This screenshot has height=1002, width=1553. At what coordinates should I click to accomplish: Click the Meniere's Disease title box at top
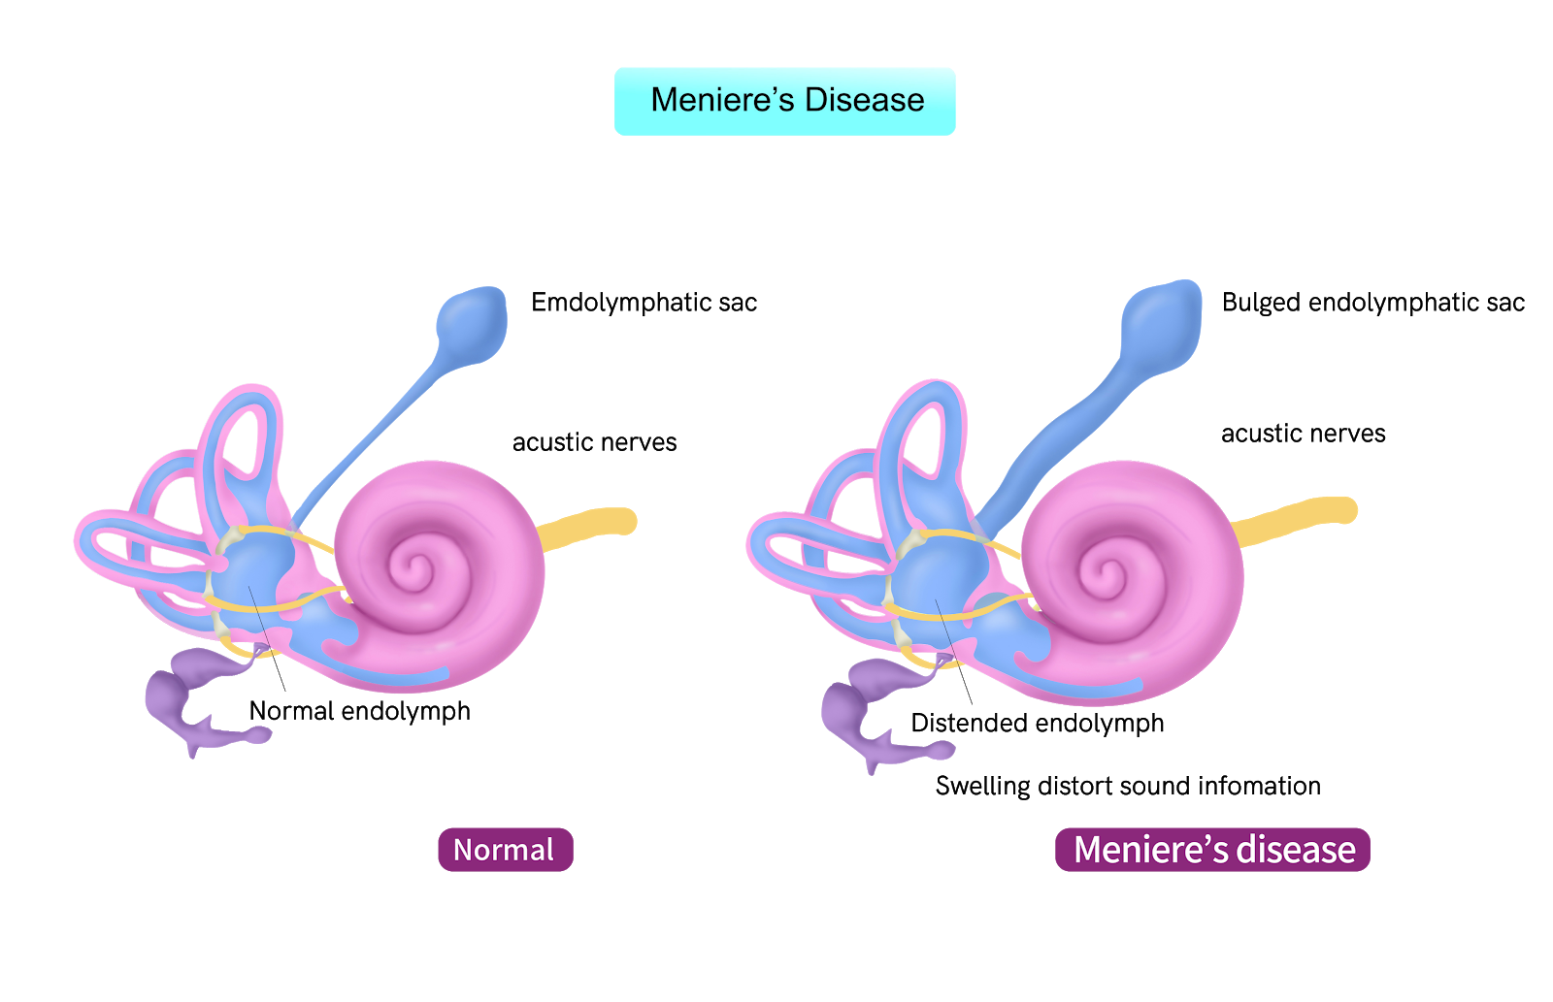pos(784,101)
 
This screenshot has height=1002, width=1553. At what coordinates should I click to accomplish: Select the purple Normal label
pos(505,850)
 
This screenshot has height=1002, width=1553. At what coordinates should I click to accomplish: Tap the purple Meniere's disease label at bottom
pos(1212,850)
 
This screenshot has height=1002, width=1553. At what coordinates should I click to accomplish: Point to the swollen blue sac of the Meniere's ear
pos(1163,323)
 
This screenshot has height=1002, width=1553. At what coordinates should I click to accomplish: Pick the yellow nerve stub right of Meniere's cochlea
pos(1301,516)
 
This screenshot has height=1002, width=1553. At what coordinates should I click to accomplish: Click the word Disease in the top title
pos(864,100)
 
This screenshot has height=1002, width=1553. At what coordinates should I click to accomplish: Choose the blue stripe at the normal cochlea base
pos(408,674)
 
